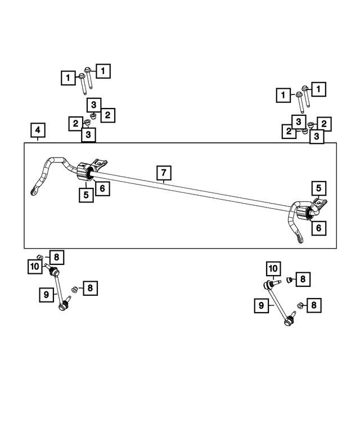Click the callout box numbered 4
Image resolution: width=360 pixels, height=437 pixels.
tap(37, 132)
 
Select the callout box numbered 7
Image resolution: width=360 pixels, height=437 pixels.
tap(163, 172)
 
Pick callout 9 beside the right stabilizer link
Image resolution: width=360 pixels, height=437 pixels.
tap(260, 305)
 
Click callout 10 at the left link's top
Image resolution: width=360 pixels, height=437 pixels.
tap(34, 266)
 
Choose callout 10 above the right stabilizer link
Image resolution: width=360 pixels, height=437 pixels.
tap(273, 268)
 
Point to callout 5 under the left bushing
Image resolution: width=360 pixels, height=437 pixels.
tap(85, 195)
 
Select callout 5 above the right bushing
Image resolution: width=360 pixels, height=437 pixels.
tap(318, 188)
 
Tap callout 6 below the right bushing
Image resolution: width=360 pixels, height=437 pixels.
tap(318, 228)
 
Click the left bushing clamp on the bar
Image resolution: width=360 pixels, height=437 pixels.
tap(86, 171)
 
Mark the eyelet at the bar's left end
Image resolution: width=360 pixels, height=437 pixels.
tap(35, 192)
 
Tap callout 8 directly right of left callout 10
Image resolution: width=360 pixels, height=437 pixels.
tap(57, 258)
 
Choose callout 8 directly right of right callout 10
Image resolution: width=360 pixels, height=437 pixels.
tap(303, 278)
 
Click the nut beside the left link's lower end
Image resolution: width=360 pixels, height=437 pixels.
tap(73, 290)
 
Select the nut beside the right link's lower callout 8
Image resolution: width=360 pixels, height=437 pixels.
tap(300, 305)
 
